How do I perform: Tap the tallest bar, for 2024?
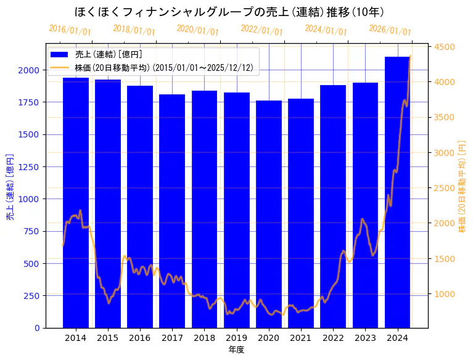(x=398, y=192)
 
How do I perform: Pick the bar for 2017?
(x=172, y=210)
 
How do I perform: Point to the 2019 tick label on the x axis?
(x=237, y=337)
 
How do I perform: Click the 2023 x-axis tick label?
(x=366, y=337)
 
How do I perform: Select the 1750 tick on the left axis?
(x=31, y=102)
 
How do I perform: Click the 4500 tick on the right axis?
(x=444, y=47)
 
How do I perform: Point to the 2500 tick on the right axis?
(x=444, y=188)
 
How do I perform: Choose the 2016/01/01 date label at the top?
(x=70, y=30)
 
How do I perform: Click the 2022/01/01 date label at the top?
(x=262, y=30)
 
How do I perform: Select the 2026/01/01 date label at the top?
(x=390, y=30)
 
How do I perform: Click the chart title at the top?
(x=229, y=12)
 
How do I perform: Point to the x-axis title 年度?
(x=236, y=350)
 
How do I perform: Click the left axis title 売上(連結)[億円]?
(x=10, y=187)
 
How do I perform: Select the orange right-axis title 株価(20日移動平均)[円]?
(x=462, y=187)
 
